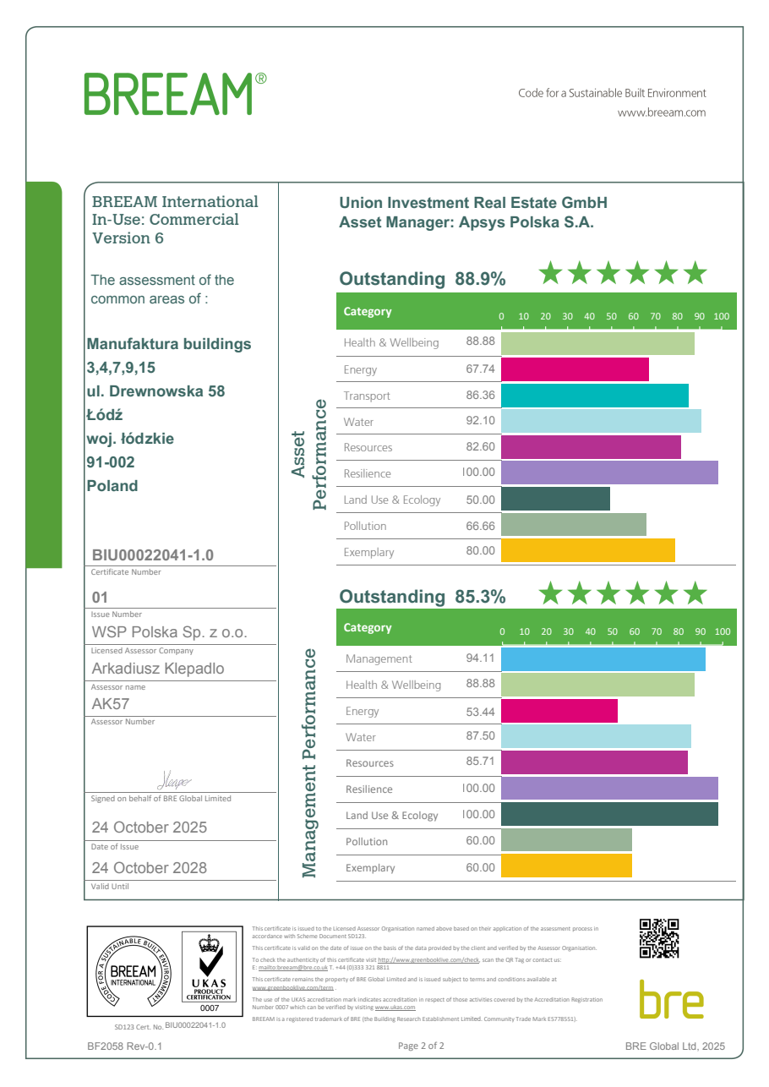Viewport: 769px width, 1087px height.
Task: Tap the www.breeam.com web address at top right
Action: point(662,112)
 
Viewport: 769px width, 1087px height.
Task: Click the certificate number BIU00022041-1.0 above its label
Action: point(153,555)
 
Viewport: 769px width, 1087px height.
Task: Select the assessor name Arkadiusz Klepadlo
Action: point(158,669)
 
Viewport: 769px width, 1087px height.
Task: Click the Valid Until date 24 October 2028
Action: point(149,868)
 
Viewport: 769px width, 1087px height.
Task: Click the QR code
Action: point(659,938)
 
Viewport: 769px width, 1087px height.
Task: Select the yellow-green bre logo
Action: point(671,1000)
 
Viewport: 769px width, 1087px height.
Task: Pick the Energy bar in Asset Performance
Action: point(575,369)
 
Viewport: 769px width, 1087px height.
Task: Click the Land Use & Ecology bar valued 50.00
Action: point(555,500)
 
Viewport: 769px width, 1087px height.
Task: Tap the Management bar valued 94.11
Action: point(603,658)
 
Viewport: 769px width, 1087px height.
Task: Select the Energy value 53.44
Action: point(480,712)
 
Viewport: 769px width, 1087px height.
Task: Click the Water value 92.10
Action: point(480,422)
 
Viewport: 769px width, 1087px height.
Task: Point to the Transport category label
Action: point(367,396)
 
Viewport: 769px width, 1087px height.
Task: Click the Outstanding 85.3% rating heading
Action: point(422,597)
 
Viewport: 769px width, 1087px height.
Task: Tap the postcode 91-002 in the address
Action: point(111,462)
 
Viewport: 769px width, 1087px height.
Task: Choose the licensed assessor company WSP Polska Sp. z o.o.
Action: point(169,633)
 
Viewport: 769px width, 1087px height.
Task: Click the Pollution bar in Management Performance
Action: point(566,841)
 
